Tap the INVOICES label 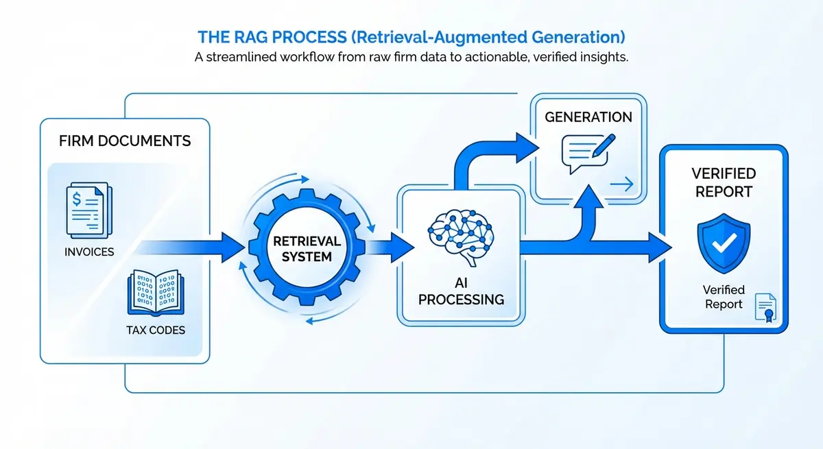89,252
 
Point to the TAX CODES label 156,330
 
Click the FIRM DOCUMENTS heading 125,142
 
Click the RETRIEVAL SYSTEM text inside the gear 303,249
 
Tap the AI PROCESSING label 461,290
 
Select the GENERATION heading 588,117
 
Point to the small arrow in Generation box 624,183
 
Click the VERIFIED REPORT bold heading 724,182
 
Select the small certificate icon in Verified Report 765,307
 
